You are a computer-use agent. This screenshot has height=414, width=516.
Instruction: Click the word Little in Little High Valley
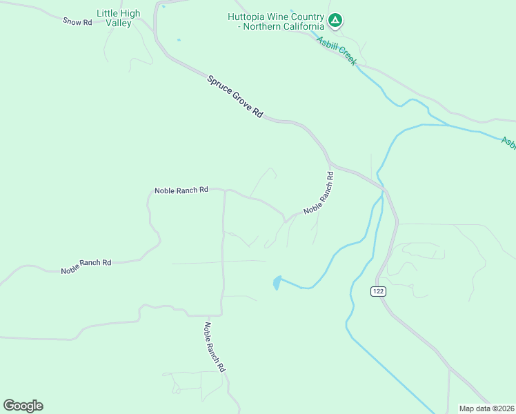[108, 13]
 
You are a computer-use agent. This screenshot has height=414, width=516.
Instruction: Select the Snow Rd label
[77, 21]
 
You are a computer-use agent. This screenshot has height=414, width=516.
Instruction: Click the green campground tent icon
[335, 21]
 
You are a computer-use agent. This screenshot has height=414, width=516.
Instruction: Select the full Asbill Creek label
[337, 50]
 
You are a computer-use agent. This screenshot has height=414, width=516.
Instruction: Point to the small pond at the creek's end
[277, 283]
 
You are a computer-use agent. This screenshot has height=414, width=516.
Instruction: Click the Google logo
[23, 406]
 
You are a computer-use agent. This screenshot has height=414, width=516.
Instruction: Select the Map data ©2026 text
[486, 408]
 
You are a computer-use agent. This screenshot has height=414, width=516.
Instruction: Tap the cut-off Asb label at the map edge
[508, 143]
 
